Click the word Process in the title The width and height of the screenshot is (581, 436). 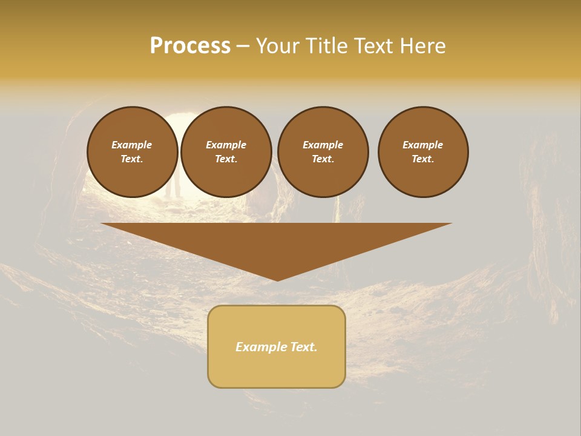point(190,46)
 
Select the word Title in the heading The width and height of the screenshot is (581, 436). point(326,46)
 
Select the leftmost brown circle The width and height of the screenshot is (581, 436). point(132,152)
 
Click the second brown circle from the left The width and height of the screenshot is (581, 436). point(226,152)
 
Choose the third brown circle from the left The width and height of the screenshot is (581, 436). point(323,152)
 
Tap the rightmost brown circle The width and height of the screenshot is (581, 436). point(423,152)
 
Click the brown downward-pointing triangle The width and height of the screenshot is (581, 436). point(277,242)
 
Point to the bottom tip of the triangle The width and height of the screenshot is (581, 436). point(277,279)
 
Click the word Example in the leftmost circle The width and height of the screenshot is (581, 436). point(132,145)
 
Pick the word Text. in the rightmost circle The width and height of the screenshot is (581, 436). point(423,159)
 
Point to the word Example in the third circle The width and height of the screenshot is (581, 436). point(323,145)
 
